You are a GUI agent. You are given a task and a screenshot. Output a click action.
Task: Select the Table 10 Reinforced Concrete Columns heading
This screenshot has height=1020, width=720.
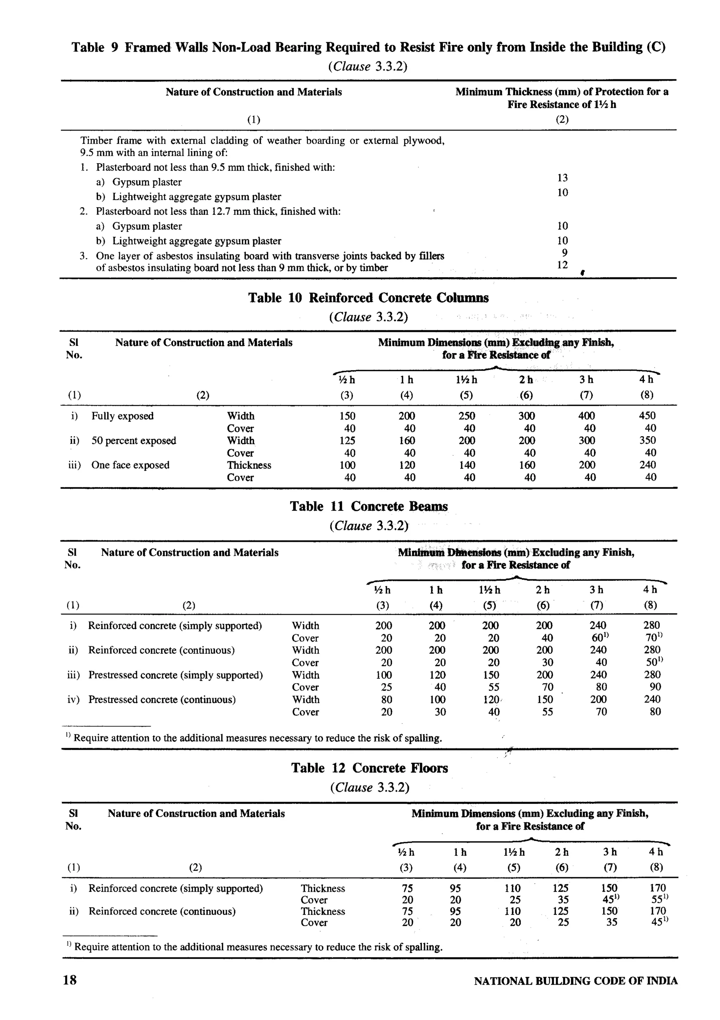(x=368, y=298)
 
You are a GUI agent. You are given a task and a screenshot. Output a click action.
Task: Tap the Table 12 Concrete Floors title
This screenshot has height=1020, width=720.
(x=369, y=768)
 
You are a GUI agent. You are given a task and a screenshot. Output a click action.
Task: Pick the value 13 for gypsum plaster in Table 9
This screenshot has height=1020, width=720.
(x=562, y=178)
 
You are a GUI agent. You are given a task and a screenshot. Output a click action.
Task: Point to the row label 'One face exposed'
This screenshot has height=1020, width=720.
(x=130, y=465)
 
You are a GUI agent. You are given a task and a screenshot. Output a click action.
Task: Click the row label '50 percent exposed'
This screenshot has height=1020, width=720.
(x=133, y=441)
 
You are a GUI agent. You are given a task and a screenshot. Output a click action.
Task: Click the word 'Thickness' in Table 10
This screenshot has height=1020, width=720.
(x=249, y=465)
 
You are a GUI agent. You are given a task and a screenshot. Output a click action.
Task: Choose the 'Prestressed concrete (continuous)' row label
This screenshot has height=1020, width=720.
(x=162, y=700)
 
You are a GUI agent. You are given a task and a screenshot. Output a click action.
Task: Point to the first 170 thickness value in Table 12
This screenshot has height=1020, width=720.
(x=657, y=887)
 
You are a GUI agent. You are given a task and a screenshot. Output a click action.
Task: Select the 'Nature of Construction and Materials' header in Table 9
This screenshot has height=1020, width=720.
(x=253, y=92)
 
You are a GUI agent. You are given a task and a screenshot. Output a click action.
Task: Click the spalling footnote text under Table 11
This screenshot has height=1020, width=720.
(x=257, y=738)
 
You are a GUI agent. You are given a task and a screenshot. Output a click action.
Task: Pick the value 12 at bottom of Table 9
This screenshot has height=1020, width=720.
(x=562, y=265)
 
